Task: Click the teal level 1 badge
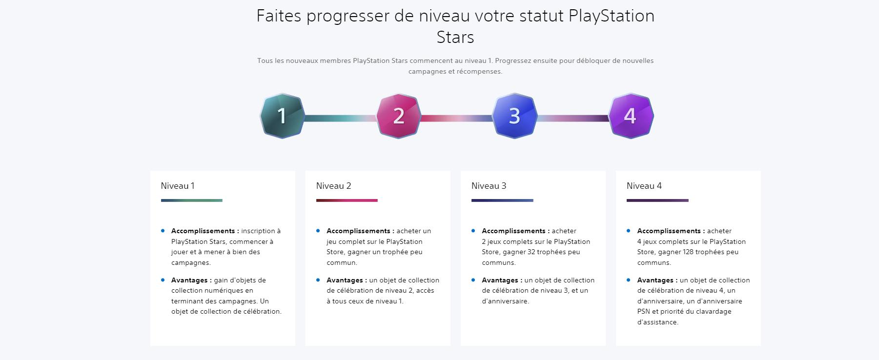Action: (x=282, y=116)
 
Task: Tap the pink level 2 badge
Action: (x=398, y=116)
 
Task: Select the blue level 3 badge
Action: (x=514, y=116)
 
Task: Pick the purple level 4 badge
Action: (x=631, y=116)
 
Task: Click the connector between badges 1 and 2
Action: (x=341, y=118)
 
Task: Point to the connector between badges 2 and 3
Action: (x=457, y=118)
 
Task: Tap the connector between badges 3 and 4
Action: (x=573, y=118)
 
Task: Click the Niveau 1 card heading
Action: (x=178, y=186)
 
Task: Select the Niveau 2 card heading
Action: (x=333, y=186)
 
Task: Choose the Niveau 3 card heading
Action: (x=489, y=186)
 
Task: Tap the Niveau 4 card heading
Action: (x=644, y=186)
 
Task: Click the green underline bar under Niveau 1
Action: (x=192, y=200)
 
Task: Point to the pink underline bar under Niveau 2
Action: (x=347, y=200)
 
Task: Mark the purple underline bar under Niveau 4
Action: (x=657, y=200)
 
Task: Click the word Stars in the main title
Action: (x=455, y=38)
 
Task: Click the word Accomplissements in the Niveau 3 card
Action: (x=513, y=231)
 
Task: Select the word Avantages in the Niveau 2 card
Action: (x=345, y=280)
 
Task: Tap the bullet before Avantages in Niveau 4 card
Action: (x=628, y=280)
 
